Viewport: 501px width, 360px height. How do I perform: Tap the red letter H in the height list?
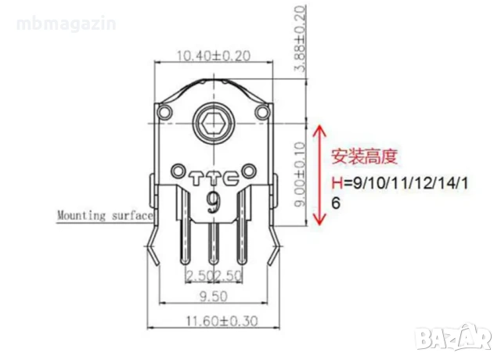tap(337, 182)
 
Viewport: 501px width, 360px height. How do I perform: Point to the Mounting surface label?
tap(104, 214)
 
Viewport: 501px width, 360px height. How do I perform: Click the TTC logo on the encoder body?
tap(214, 178)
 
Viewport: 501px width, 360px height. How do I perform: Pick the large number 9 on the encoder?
tap(212, 203)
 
